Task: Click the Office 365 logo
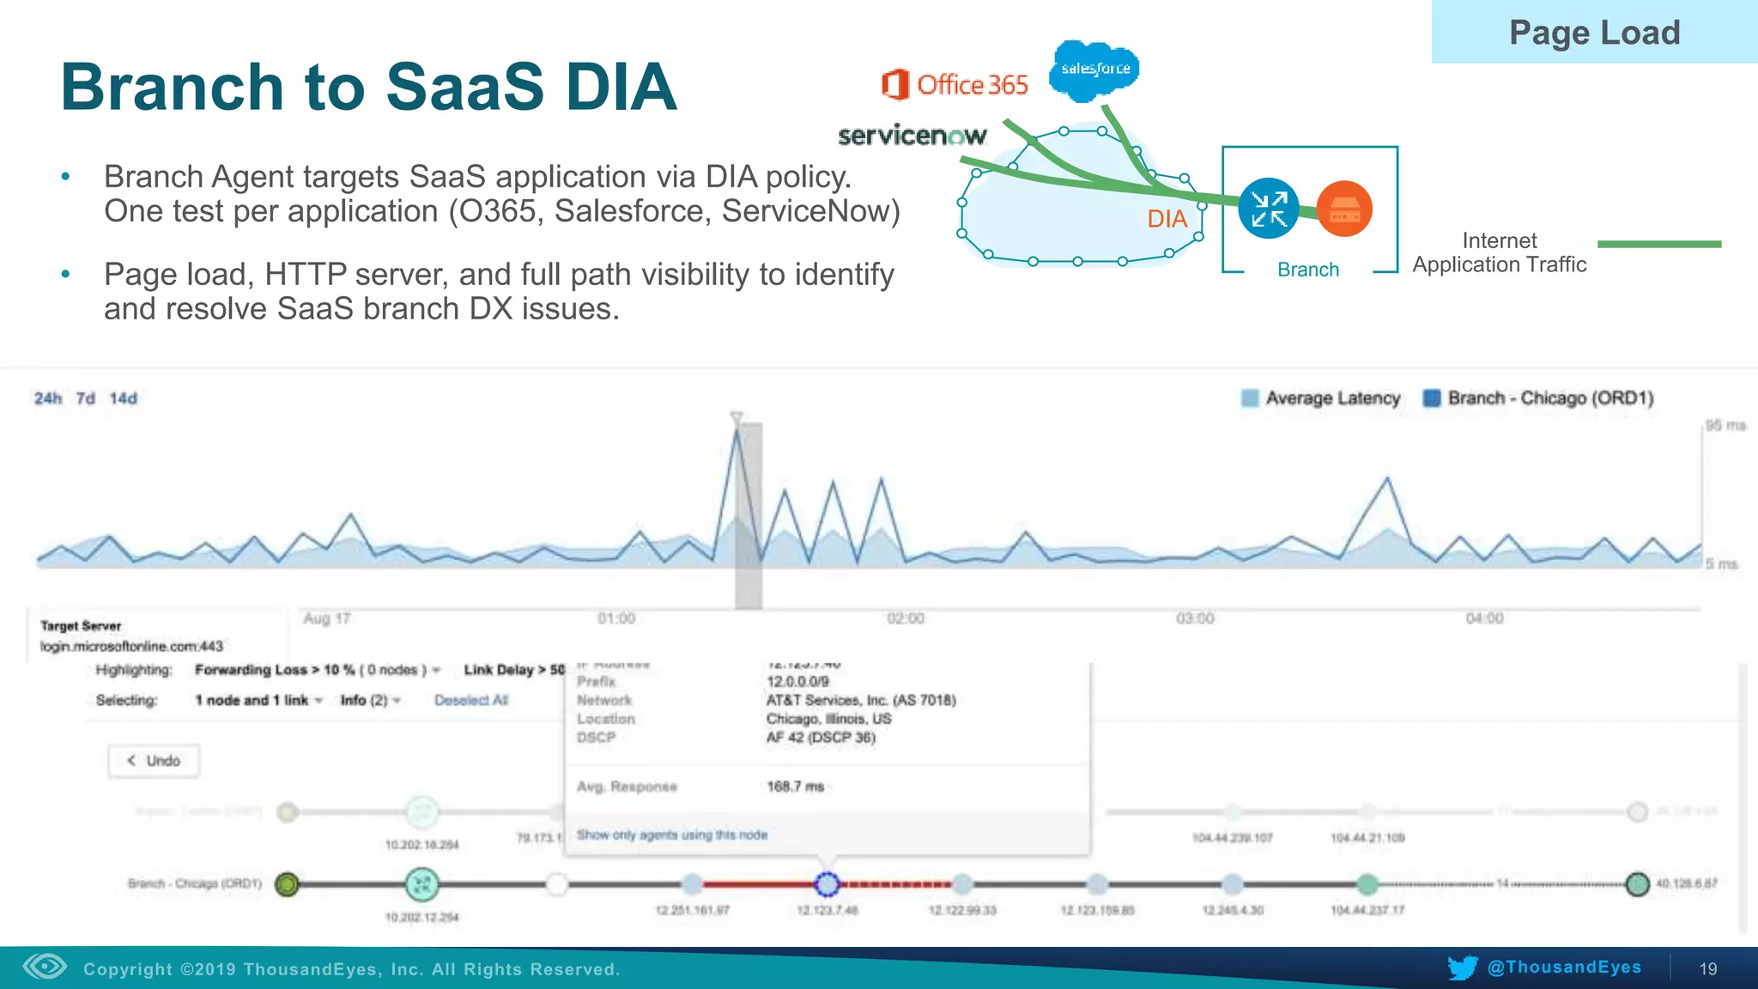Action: (x=955, y=85)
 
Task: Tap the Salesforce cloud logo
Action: (x=1094, y=69)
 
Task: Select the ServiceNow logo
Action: (x=912, y=136)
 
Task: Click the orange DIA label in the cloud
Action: (x=1167, y=219)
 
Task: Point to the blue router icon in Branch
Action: (x=1268, y=209)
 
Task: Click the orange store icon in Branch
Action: (x=1344, y=209)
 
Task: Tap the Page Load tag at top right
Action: (x=1594, y=33)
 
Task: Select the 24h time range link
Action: (x=48, y=398)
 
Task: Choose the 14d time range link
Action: (x=123, y=398)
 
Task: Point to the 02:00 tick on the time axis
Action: (x=906, y=619)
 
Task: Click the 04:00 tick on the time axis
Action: (x=1484, y=619)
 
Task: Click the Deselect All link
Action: (x=471, y=701)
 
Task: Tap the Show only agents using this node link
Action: (x=672, y=834)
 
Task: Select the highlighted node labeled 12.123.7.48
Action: (x=826, y=883)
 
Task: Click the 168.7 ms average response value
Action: (x=795, y=786)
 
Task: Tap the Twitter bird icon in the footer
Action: (x=1462, y=968)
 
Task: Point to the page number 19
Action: (x=1708, y=968)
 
